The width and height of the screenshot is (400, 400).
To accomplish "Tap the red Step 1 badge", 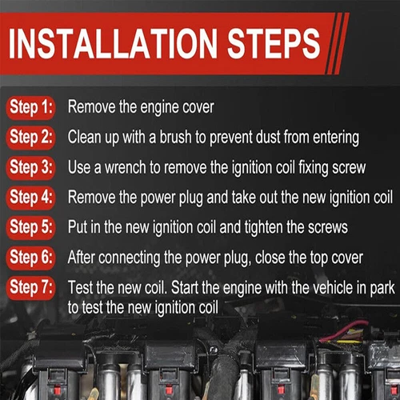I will click(x=31, y=106).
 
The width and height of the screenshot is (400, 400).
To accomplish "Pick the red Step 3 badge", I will click(x=31, y=167).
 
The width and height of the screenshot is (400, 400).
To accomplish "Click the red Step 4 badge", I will click(x=31, y=197).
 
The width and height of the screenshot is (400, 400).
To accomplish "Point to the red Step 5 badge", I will click(x=31, y=227).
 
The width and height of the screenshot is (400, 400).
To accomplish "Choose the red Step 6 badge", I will click(x=31, y=258).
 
